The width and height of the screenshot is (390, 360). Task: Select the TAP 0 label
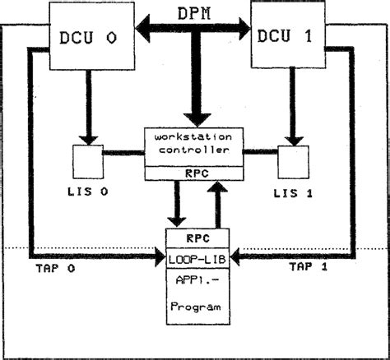click(56, 267)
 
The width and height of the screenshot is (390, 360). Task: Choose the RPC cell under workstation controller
click(194, 173)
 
